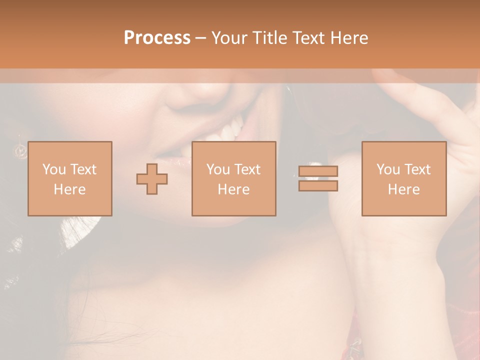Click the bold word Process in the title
point(157,38)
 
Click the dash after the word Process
point(201,38)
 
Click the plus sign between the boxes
point(152,178)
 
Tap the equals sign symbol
point(318,178)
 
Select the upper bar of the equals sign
point(318,171)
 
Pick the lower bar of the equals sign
point(318,185)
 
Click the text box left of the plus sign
point(69,178)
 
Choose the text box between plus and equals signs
point(233,178)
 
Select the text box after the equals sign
point(403,178)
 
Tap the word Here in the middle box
point(233,189)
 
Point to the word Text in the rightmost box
point(418,169)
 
